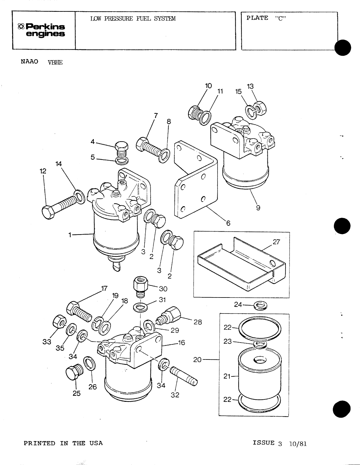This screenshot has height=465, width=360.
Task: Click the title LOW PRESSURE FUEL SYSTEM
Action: pyautogui.click(x=133, y=19)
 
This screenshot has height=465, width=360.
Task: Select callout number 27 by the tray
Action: pyautogui.click(x=276, y=242)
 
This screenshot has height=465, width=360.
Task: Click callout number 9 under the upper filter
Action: pyautogui.click(x=258, y=208)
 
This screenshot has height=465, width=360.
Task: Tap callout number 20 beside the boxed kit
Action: pyautogui.click(x=197, y=360)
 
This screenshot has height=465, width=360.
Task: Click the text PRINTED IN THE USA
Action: pyautogui.click(x=63, y=443)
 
